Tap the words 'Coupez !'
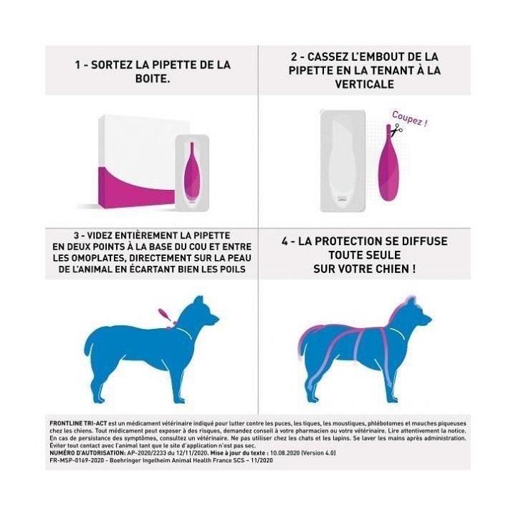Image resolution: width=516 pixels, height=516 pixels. [x=409, y=118]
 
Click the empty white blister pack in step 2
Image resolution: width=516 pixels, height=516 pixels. [x=343, y=161]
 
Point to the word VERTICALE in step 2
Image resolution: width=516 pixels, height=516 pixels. [x=365, y=84]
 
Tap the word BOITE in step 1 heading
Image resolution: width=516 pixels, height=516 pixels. [x=152, y=78]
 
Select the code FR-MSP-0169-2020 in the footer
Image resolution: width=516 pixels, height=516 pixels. [x=72, y=461]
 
